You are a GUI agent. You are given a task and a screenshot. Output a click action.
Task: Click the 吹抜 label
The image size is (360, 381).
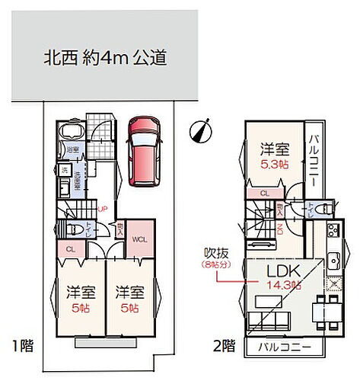tap(213, 253)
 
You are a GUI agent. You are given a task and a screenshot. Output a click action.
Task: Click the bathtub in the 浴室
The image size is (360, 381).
tap(70, 133)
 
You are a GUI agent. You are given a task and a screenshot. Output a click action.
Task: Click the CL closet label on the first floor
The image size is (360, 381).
tap(70, 248)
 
